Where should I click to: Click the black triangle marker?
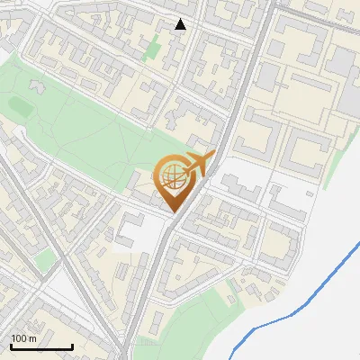pyautogui.click(x=181, y=24)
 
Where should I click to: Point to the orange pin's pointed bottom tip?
pyautogui.click(x=175, y=212)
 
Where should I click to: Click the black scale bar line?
pyautogui.click(x=40, y=346)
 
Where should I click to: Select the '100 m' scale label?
pyautogui.click(x=24, y=338)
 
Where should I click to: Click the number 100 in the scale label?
pyautogui.click(x=20, y=338)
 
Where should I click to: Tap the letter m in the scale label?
pyautogui.click(x=34, y=338)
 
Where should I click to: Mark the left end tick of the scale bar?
pyautogui.click(x=10, y=345)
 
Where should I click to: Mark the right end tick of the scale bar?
pyautogui.click(x=72, y=345)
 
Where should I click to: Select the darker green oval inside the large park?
pyautogui.click(x=21, y=106)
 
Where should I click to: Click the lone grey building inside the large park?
pyautogui.click(x=38, y=86)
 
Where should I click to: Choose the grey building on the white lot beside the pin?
pyautogui.click(x=238, y=188)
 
